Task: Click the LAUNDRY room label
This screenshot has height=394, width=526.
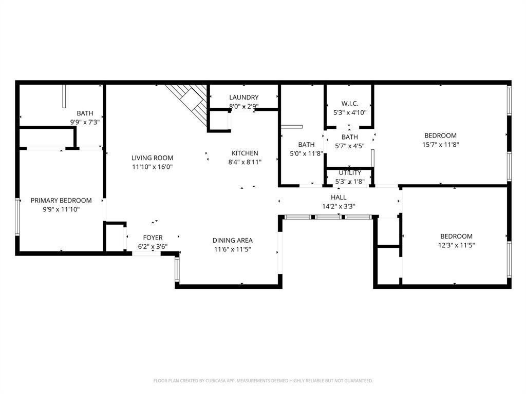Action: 243,97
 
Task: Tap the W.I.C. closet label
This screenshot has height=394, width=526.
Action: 349,104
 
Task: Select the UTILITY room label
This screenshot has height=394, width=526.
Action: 349,173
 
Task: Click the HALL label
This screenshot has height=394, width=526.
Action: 339,197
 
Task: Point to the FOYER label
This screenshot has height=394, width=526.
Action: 153,238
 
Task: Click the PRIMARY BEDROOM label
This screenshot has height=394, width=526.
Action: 61,201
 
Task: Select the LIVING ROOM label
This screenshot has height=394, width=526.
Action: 152,158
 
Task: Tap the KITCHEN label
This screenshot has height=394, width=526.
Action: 245,153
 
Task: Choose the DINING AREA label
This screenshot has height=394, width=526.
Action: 232,241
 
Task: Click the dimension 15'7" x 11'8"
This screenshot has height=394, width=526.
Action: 440,145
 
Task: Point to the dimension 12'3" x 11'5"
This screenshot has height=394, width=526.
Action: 456,245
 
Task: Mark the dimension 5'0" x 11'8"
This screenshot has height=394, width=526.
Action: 306,153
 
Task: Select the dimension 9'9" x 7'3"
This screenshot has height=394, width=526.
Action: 85,122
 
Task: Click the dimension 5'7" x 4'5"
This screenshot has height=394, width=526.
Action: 349,146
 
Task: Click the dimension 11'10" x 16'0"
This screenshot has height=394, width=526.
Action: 152,167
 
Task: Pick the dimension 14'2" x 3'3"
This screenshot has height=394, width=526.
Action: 339,206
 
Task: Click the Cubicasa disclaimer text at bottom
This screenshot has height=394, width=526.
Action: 263,381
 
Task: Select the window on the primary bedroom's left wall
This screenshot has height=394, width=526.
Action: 18,216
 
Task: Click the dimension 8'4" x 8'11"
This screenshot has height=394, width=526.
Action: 245,162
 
